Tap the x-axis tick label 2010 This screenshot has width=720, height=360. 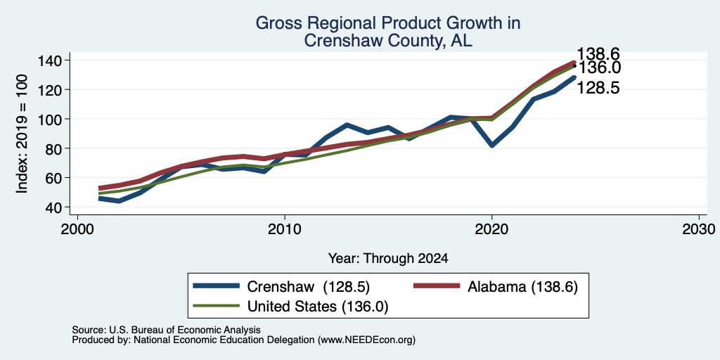click(285, 229)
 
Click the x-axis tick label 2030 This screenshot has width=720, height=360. click(699, 229)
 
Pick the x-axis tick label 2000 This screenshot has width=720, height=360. click(77, 229)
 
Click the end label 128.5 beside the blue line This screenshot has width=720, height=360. click(598, 88)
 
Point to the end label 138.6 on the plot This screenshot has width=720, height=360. click(598, 53)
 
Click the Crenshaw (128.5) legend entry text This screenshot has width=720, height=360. click(308, 287)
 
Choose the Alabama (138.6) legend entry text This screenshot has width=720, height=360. click(522, 287)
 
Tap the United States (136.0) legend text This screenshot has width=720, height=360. click(318, 307)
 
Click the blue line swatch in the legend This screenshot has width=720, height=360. click(217, 285)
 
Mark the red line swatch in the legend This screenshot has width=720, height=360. click(437, 285)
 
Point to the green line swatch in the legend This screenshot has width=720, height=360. click(217, 305)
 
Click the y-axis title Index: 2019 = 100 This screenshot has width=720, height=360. click(22, 134)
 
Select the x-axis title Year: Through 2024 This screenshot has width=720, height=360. click(388, 259)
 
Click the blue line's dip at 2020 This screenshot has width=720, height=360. click(491, 146)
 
